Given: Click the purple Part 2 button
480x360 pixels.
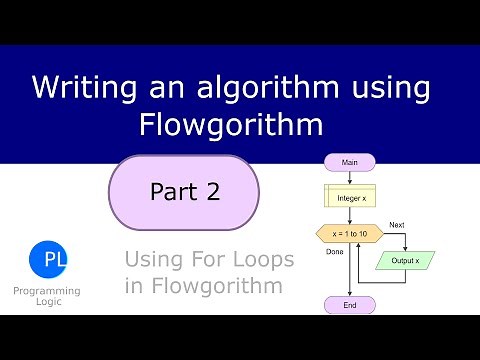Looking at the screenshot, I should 184,190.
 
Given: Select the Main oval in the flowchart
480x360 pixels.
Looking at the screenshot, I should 350,161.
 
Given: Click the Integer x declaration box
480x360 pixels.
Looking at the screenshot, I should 350,197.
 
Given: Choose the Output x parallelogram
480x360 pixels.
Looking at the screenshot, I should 405,261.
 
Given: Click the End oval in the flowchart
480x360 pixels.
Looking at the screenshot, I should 350,304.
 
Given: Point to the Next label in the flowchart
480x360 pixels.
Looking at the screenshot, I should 396,224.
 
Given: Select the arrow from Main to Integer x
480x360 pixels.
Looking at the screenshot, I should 350,177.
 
